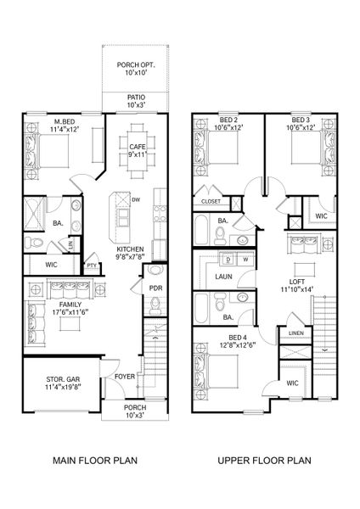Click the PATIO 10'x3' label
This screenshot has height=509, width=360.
tap(136, 102)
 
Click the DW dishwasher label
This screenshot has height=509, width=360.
tap(136, 199)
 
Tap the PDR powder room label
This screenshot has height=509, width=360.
tap(155, 288)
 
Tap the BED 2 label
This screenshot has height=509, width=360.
tap(227, 121)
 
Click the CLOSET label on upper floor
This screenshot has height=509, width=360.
tap(211, 201)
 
